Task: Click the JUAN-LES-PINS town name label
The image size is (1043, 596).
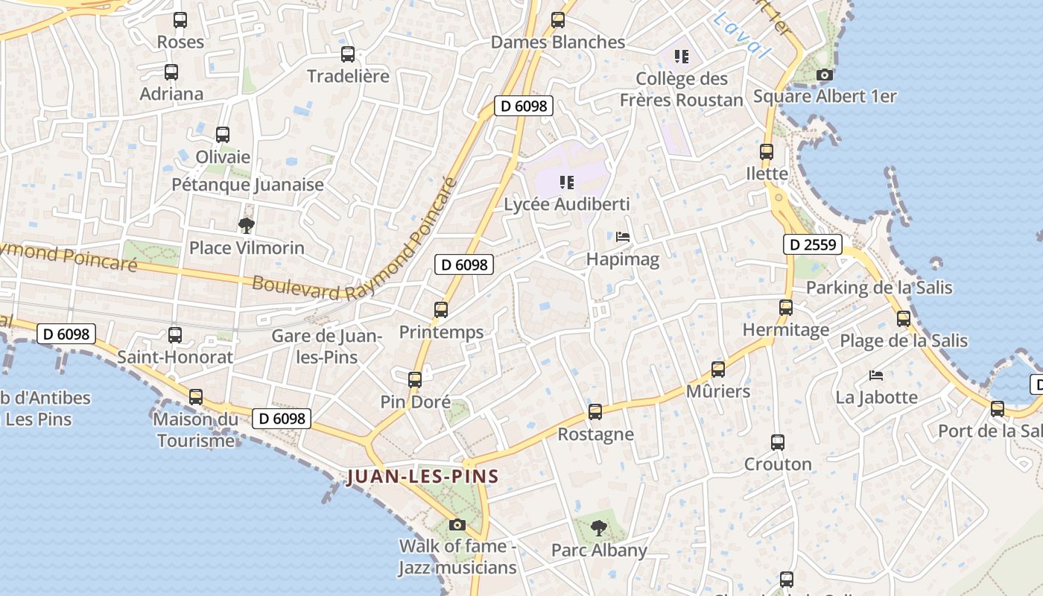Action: [x=422, y=477]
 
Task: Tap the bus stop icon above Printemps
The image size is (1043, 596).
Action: [x=441, y=309]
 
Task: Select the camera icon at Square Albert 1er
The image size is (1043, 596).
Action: [x=824, y=74]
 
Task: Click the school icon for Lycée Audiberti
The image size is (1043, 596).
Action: [x=566, y=182]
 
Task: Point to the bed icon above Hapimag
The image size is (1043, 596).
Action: [x=623, y=237]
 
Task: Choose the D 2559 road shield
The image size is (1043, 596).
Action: [x=813, y=244]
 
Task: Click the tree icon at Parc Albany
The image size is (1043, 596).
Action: [x=598, y=528]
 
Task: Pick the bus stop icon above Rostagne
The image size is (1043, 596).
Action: [x=595, y=411]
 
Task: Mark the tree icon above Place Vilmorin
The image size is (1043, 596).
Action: [x=246, y=225]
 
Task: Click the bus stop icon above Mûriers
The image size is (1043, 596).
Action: [x=717, y=369]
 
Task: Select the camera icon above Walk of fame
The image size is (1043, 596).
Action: [x=457, y=524]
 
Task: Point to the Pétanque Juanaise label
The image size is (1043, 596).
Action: [x=247, y=185]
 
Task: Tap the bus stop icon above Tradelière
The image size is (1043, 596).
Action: [x=348, y=54]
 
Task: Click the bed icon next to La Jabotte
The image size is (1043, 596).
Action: [x=876, y=375]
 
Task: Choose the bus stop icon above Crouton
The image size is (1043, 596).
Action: [x=778, y=443]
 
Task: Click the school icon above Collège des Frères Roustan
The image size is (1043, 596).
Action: [x=681, y=56]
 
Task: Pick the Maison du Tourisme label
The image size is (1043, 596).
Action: [x=196, y=430]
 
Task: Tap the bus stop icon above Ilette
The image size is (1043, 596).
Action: [x=767, y=152]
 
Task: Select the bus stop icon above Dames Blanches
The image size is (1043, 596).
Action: [x=558, y=20]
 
